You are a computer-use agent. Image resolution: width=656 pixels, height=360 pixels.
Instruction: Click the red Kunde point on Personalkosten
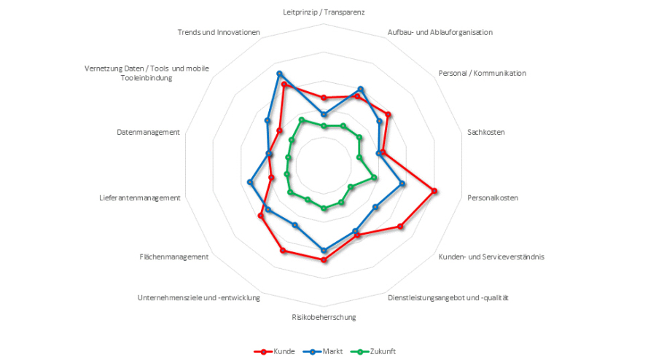[434, 191]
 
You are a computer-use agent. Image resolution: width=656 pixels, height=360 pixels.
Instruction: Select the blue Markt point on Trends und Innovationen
[279, 74]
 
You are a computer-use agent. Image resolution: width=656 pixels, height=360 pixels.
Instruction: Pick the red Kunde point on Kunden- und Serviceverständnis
[401, 227]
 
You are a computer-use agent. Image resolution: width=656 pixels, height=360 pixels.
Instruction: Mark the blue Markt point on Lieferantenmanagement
[250, 181]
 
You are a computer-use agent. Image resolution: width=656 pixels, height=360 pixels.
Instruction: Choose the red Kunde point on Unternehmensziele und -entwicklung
[283, 251]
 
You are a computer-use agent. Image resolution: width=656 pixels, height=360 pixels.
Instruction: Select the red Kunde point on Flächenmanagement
[260, 216]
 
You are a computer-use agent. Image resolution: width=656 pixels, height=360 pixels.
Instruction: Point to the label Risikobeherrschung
[324, 317]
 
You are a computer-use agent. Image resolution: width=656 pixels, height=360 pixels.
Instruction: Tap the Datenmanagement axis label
[148, 132]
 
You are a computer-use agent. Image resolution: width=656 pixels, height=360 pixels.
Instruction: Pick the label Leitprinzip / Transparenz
[324, 12]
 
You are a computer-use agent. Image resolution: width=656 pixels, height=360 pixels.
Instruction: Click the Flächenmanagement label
[174, 257]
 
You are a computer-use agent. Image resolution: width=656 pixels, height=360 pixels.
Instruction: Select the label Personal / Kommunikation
[483, 73]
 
